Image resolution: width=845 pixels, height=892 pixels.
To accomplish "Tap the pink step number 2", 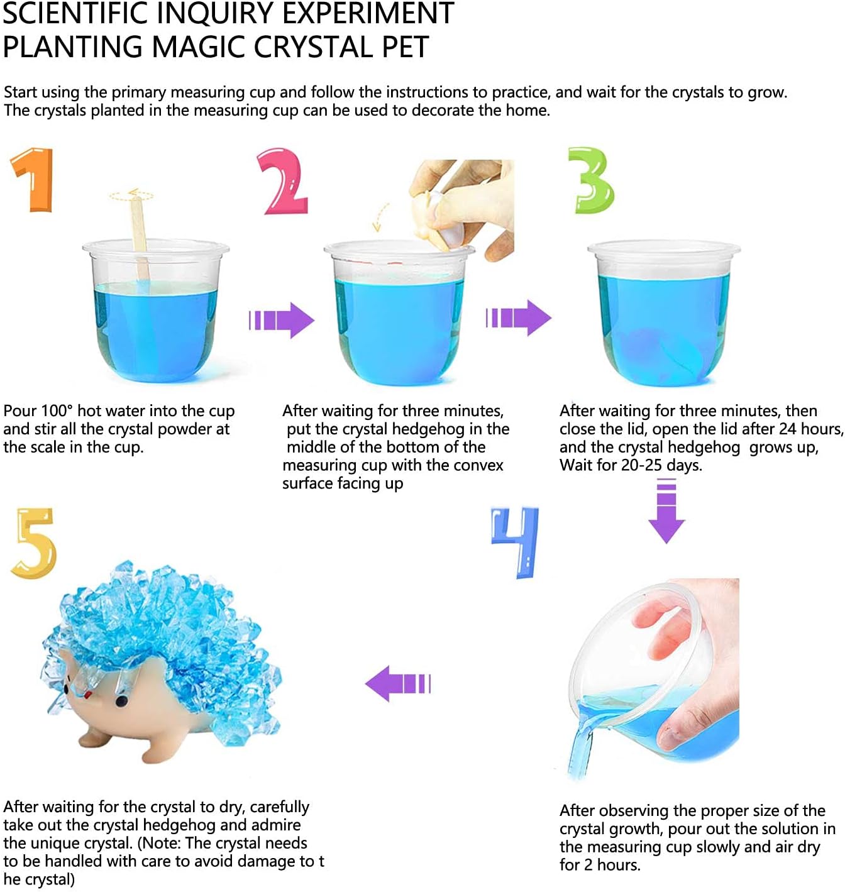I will (x=283, y=182).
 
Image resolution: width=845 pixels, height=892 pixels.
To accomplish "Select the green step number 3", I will (x=592, y=181).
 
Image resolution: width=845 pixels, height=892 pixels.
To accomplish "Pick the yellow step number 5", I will (x=34, y=544).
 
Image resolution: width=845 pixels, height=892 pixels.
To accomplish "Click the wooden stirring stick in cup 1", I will (x=140, y=238).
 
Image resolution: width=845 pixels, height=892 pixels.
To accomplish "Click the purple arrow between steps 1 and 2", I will (x=281, y=320).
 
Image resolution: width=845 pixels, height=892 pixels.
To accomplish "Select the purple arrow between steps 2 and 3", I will (x=518, y=318).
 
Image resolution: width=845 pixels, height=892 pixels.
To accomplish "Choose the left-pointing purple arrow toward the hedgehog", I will (x=398, y=683).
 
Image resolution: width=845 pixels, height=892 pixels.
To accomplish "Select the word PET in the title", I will (x=406, y=47).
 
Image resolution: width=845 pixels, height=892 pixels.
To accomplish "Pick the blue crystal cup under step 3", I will (x=665, y=314).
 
